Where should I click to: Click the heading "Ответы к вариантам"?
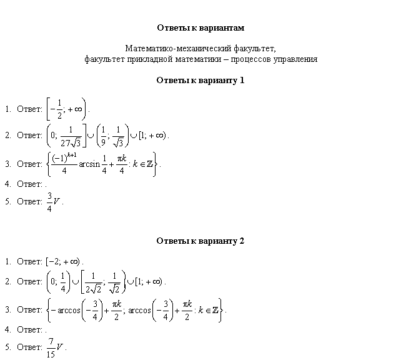200,27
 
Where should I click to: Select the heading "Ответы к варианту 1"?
200,81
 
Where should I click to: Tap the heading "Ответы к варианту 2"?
200,241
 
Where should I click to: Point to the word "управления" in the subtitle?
295,59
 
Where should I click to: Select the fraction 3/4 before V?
49,202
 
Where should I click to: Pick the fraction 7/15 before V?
51,347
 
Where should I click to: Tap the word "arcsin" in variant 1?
89,164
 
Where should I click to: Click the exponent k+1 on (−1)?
72,156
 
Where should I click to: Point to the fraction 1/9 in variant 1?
103,136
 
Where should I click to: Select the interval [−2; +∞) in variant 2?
63,261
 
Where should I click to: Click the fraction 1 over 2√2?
93,283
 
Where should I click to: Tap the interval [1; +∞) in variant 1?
152,136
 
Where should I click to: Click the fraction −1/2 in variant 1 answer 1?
57,109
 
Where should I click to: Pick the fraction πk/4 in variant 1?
122,164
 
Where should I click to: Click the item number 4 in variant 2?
7,329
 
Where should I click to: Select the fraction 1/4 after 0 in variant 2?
63,282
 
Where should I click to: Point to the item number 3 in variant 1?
7,164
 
